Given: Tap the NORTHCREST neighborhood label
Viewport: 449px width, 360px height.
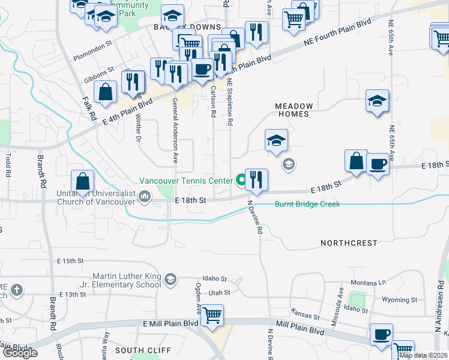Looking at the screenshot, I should [x=349, y=243].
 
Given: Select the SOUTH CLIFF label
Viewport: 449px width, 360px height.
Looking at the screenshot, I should [x=143, y=350].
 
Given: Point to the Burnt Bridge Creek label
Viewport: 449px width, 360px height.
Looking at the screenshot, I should [x=307, y=205].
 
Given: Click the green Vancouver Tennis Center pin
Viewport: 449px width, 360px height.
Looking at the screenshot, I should [x=241, y=179].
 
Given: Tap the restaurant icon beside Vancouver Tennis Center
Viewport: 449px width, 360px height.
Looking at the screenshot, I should [x=256, y=180].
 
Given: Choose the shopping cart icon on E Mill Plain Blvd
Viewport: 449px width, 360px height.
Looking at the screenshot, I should [x=212, y=314].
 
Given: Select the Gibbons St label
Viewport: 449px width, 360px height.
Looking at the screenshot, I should [x=99, y=73].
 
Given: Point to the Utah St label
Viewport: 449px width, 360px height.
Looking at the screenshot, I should [x=219, y=292].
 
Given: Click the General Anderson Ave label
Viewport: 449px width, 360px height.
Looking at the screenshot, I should [x=175, y=131].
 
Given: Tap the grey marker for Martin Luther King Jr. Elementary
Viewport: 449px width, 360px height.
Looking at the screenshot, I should [x=170, y=279].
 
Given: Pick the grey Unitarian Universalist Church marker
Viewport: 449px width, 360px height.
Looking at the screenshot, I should [x=145, y=196].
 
